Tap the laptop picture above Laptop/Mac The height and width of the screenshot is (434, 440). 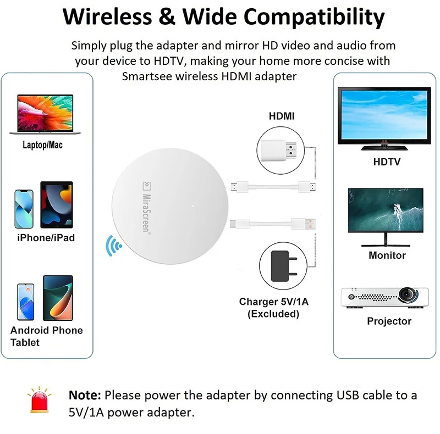[x=46, y=115]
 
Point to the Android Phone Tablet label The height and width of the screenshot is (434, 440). [x=46, y=336]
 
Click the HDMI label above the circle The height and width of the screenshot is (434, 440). [x=281, y=116]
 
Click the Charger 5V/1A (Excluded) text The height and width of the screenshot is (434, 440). [x=273, y=308]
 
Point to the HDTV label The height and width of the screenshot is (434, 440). [x=387, y=162]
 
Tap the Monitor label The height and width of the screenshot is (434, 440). [x=387, y=255]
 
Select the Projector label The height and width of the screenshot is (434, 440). [x=389, y=321]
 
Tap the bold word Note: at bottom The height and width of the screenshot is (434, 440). [x=85, y=395]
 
